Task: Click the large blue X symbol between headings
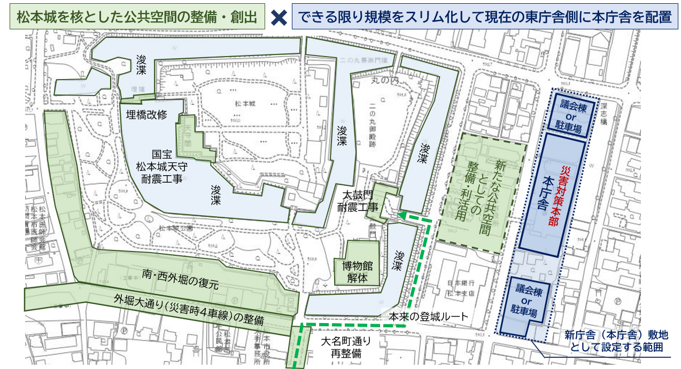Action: pos(278,18)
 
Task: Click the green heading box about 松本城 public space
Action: pos(137,18)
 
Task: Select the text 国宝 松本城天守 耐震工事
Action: pos(159,166)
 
